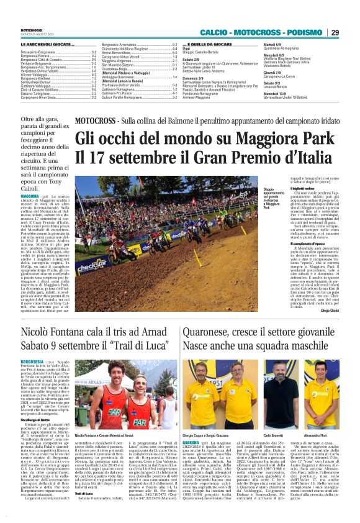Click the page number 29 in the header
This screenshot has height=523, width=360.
(x=334, y=32)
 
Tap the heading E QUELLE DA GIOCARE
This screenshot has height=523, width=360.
(x=208, y=45)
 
